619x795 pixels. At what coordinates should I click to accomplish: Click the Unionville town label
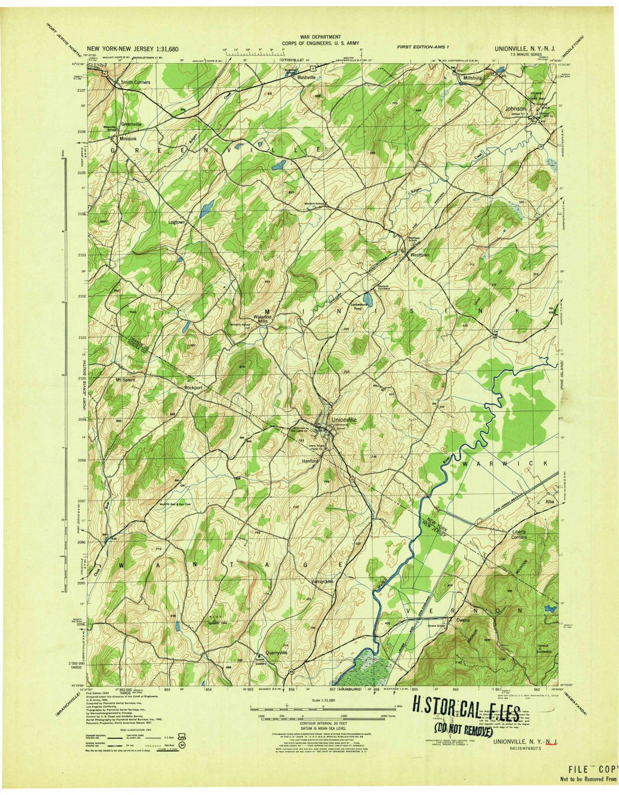pos(343,420)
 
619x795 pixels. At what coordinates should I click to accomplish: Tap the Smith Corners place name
pos(135,83)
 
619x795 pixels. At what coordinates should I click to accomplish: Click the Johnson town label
pos(515,108)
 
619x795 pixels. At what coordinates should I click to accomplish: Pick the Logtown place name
pos(178,221)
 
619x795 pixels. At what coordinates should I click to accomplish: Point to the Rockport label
pos(193,388)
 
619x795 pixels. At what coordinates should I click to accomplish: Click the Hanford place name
pos(309,461)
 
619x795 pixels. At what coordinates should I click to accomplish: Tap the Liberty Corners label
pos(519,534)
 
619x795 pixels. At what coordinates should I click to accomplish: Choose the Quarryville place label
pos(276,652)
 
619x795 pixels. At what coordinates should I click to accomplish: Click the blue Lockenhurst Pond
pos(370,300)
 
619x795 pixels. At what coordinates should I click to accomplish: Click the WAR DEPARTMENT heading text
pos(311,37)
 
